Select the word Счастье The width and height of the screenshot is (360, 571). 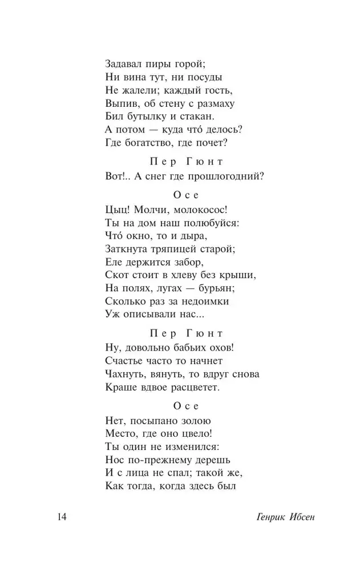coord(126,361)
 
